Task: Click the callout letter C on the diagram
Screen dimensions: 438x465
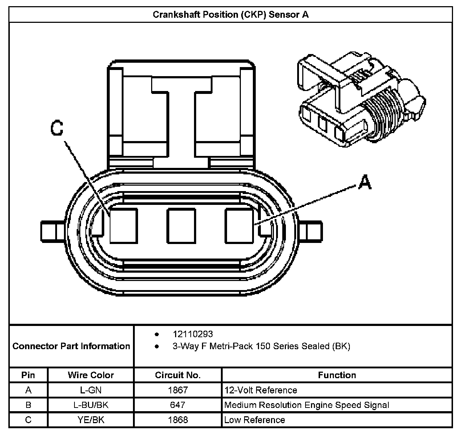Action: click(57, 128)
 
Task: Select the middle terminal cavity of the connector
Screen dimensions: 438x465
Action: click(181, 226)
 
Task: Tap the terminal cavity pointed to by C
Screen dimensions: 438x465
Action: click(124, 226)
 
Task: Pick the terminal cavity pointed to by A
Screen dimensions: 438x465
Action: click(239, 226)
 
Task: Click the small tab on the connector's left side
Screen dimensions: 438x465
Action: click(49, 232)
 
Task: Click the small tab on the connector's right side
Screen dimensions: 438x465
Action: click(314, 232)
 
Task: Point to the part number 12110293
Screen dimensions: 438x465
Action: click(193, 334)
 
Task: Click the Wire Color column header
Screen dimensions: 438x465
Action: click(91, 375)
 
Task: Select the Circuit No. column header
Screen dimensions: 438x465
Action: click(178, 375)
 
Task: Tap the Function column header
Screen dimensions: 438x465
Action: click(337, 375)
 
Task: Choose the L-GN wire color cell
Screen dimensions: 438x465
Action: click(91, 390)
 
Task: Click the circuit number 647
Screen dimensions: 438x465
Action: click(178, 405)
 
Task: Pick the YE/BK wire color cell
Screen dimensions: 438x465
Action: click(91, 420)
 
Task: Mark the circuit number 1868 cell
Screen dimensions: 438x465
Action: click(178, 420)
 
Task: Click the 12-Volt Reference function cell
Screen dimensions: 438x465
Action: click(261, 390)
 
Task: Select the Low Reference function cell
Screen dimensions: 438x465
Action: click(255, 420)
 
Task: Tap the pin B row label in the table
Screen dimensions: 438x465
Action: click(28, 405)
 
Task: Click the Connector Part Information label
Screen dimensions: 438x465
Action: click(71, 346)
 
